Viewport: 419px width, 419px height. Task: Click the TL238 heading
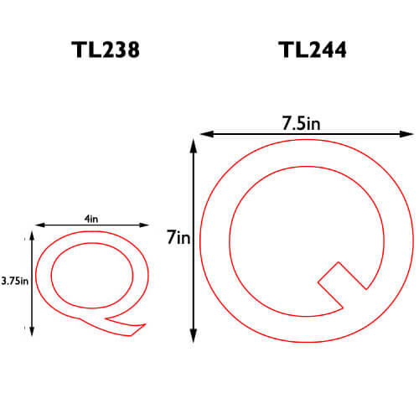coord(106,49)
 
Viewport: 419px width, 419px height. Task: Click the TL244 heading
coord(313,49)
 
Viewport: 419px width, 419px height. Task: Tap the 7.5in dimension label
coord(301,123)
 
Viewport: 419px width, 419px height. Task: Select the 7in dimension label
coord(178,237)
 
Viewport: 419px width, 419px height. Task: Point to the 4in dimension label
coord(91,219)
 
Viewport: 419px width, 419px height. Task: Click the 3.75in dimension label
coord(15,281)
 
